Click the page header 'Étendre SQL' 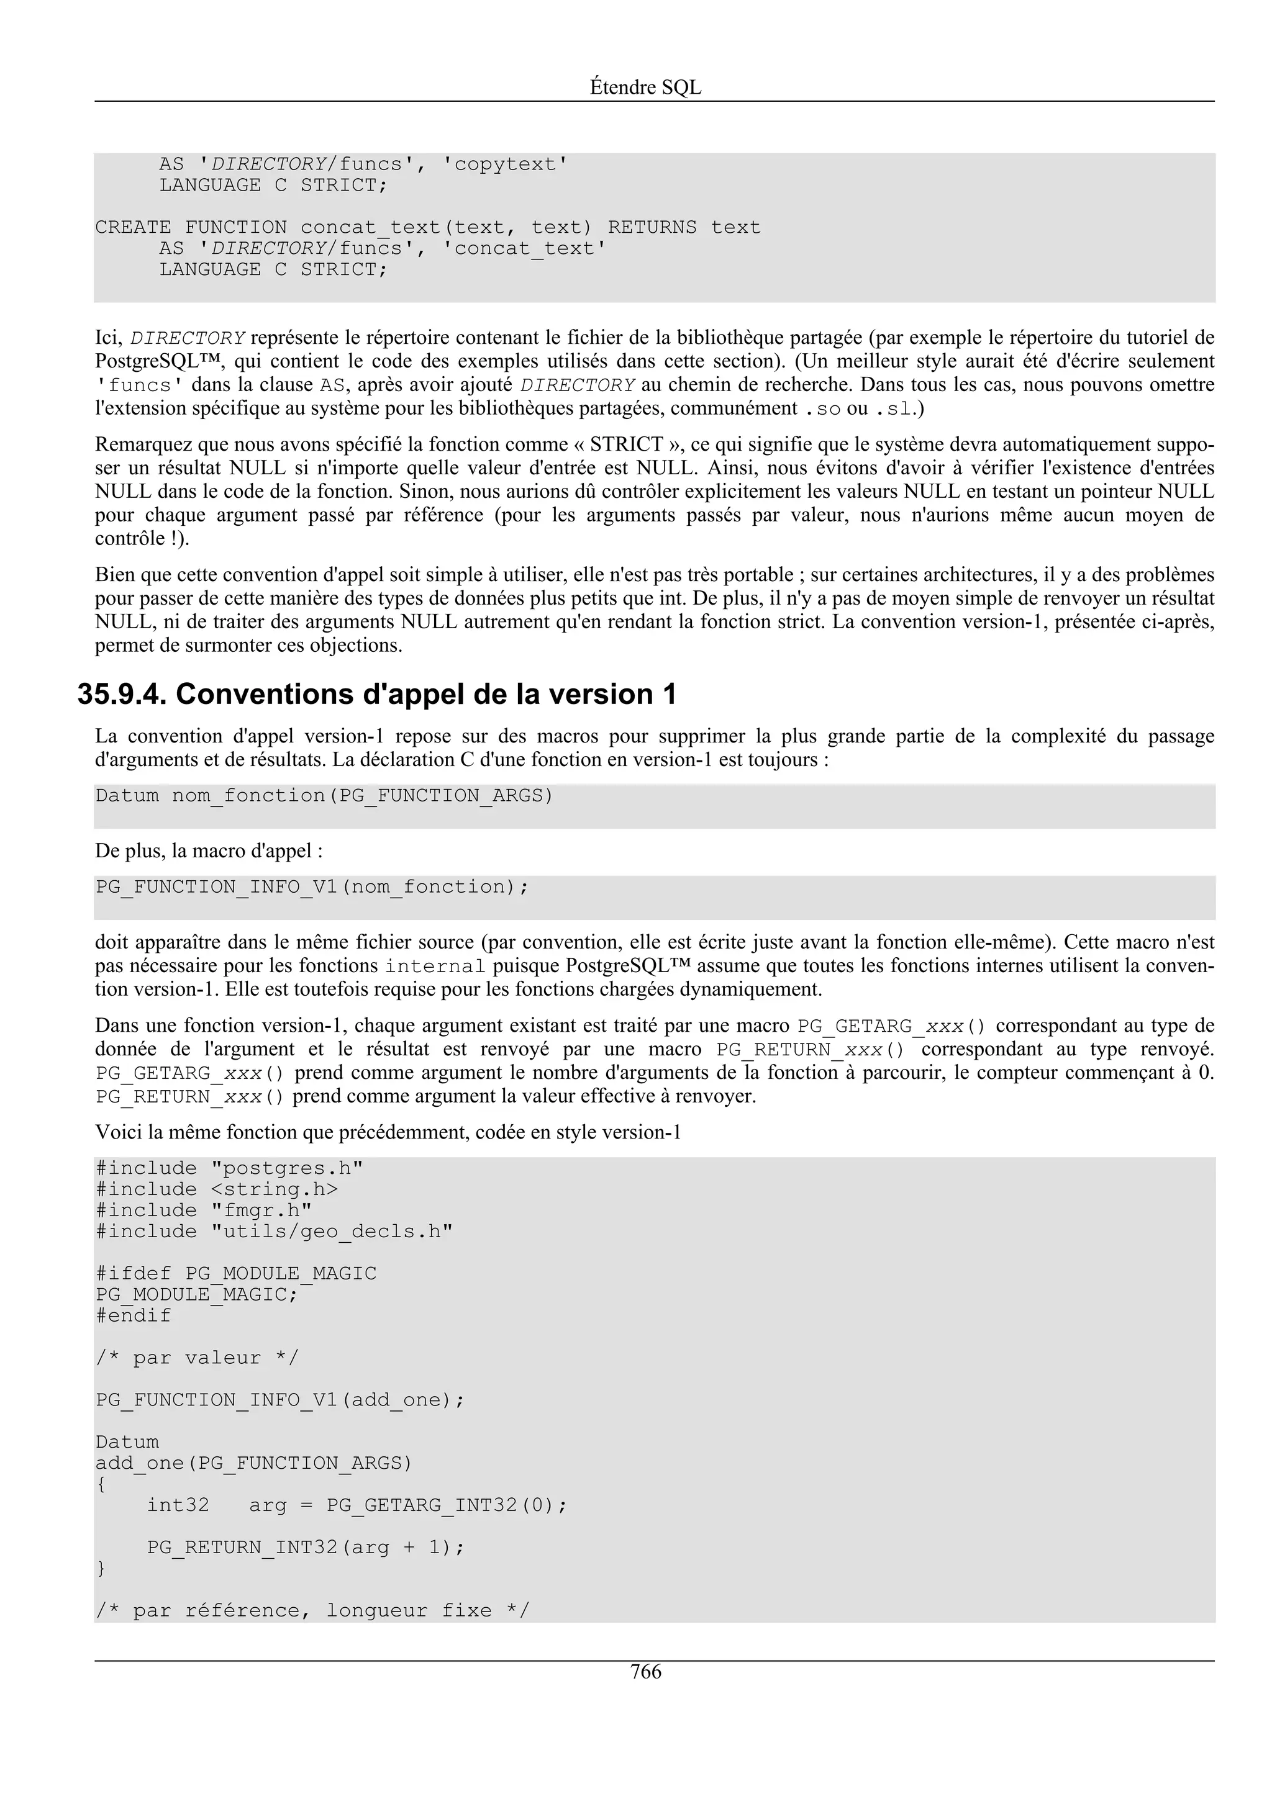645,88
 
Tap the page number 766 645,1672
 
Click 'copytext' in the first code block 505,165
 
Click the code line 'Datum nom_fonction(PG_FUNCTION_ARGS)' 324,796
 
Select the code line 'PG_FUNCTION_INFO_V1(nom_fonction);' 312,887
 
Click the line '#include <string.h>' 217,1189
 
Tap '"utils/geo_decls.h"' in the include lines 332,1232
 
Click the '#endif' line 134,1315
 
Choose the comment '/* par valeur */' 197,1358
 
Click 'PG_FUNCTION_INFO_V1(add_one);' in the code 279,1400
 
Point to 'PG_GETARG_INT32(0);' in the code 446,1505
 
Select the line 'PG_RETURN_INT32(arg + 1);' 306,1548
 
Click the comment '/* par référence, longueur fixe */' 312,1611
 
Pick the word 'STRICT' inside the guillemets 626,445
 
